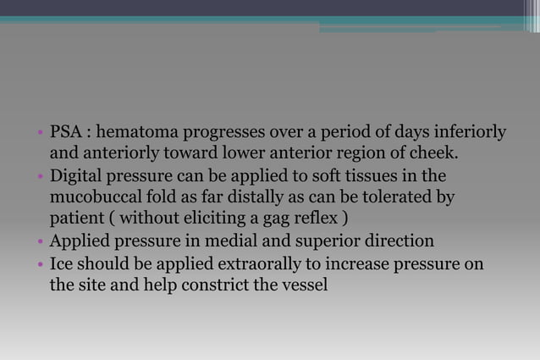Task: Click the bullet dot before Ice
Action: pyautogui.click(x=41, y=266)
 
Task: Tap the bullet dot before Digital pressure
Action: pyautogui.click(x=41, y=178)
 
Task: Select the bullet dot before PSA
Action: pyautogui.click(x=41, y=134)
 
